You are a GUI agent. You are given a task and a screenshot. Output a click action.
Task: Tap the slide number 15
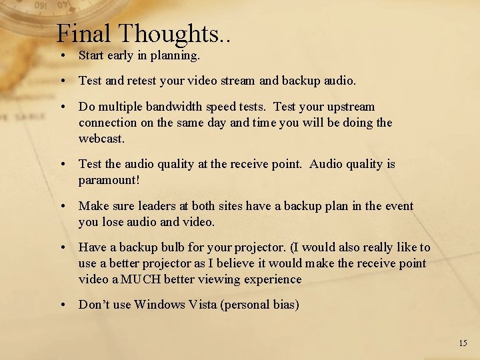[463, 343]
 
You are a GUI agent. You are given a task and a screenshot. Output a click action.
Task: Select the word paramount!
[109, 179]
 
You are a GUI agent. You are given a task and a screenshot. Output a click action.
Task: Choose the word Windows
[159, 305]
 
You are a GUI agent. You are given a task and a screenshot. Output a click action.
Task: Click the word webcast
[101, 138]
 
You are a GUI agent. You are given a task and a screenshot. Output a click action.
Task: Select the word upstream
[349, 106]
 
